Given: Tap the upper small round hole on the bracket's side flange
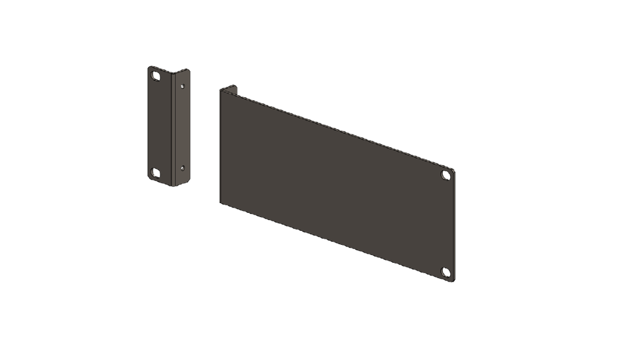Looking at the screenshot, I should click(183, 87).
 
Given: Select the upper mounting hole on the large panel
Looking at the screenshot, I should click(446, 175).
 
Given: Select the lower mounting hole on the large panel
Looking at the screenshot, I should click(446, 273).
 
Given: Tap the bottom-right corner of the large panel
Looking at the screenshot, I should click(453, 281).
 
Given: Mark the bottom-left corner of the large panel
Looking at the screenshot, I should click(220, 201).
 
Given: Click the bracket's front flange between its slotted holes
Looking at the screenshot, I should click(158, 124).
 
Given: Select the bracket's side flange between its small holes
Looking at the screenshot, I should click(182, 127).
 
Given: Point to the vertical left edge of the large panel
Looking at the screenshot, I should click(219, 145).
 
